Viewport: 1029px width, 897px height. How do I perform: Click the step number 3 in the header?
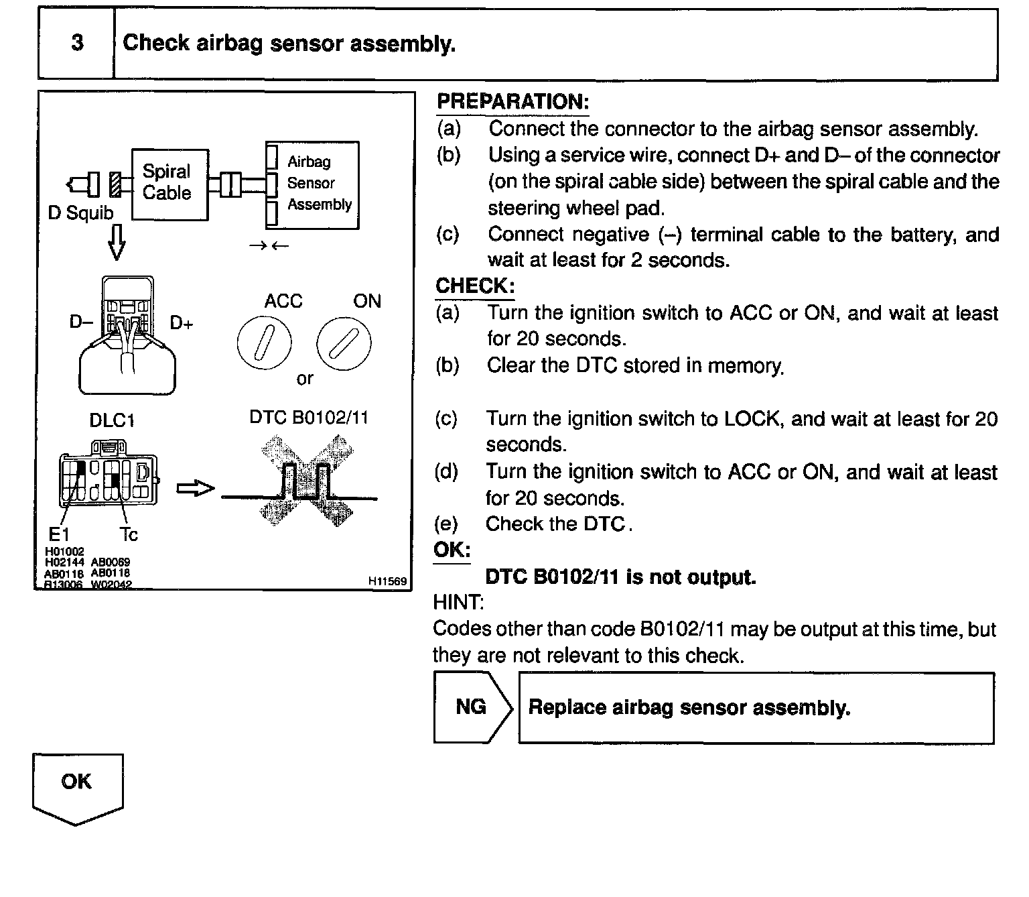[x=77, y=44]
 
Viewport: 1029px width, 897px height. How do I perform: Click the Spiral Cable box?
[x=169, y=183]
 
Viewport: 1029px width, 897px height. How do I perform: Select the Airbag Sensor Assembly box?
[x=312, y=184]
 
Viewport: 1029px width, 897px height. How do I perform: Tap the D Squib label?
[x=80, y=213]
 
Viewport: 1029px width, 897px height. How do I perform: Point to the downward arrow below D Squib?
[x=117, y=242]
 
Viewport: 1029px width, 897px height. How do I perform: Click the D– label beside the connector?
[x=81, y=322]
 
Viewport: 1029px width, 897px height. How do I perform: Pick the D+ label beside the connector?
[x=182, y=323]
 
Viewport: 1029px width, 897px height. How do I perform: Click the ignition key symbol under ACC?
[x=264, y=343]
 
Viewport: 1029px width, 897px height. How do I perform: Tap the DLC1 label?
[x=112, y=420]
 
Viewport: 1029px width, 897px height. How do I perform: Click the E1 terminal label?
[x=58, y=534]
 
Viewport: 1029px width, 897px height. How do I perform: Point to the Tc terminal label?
[x=129, y=534]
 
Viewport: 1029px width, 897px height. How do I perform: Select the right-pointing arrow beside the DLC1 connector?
[x=195, y=489]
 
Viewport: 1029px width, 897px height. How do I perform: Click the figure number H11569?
[x=387, y=581]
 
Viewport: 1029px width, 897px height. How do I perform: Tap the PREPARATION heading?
[x=512, y=102]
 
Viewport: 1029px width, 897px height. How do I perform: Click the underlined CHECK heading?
[x=475, y=286]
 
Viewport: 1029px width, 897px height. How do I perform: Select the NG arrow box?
[x=472, y=707]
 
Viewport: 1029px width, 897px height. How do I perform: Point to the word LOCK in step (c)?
[x=752, y=419]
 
